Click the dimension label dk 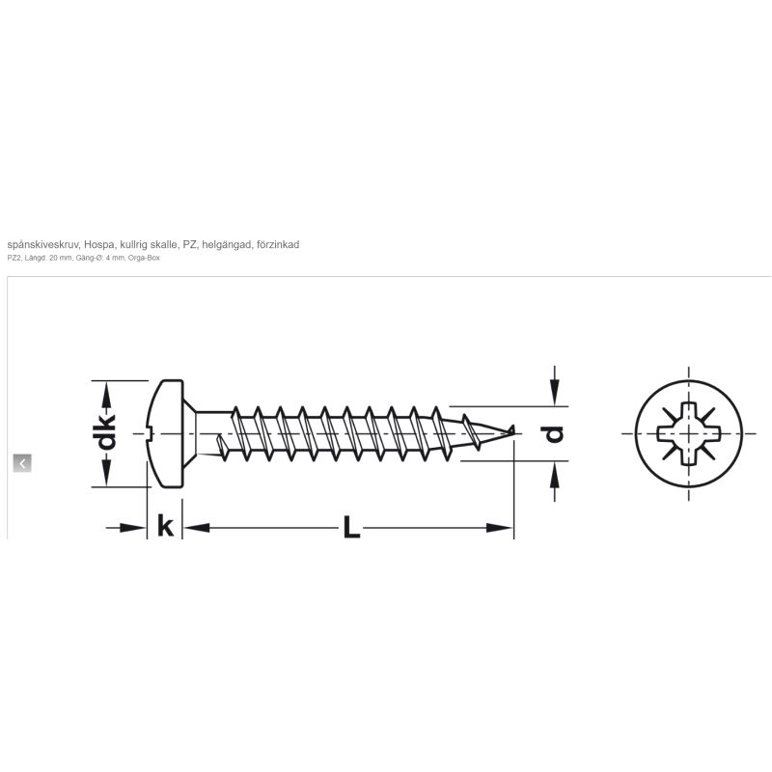click(106, 432)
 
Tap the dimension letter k click(165, 525)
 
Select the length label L click(351, 526)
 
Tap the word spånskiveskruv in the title click(42, 245)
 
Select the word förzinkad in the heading click(278, 244)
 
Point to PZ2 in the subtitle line click(14, 258)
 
